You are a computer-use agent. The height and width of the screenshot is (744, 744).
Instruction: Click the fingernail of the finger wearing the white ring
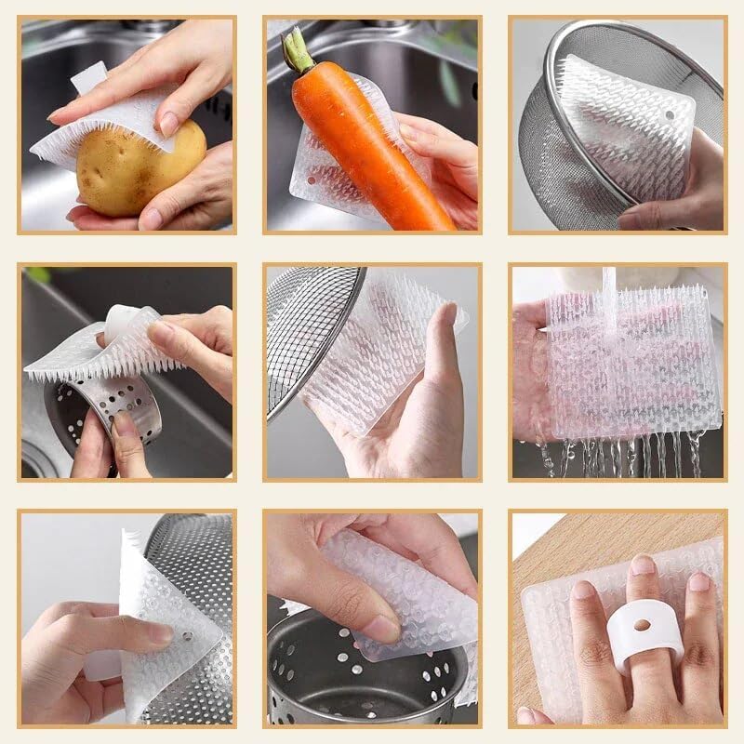pyautogui.click(x=642, y=565)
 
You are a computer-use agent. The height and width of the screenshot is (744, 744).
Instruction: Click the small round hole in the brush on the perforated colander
pyautogui.click(x=186, y=641)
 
